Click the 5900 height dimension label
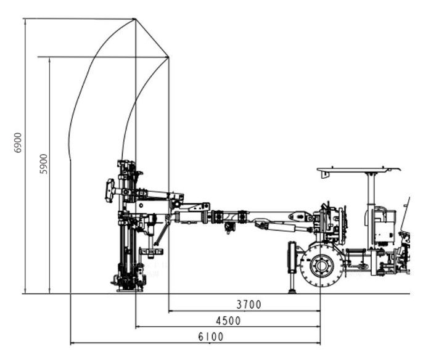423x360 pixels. [43, 164]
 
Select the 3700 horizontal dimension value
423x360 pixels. [249, 304]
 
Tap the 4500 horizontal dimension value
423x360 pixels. [228, 321]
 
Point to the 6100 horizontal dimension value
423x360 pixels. [211, 337]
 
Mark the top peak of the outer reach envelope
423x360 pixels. [134, 19]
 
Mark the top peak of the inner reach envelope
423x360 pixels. [168, 57]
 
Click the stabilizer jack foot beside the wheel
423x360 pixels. [292, 290]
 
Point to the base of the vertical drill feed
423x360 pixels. [129, 284]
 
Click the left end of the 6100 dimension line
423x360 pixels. [71, 343]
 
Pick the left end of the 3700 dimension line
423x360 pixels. [168, 311]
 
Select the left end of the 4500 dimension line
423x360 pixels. [136, 327]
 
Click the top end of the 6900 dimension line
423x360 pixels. [25, 19]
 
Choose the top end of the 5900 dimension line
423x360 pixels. [50, 57]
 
